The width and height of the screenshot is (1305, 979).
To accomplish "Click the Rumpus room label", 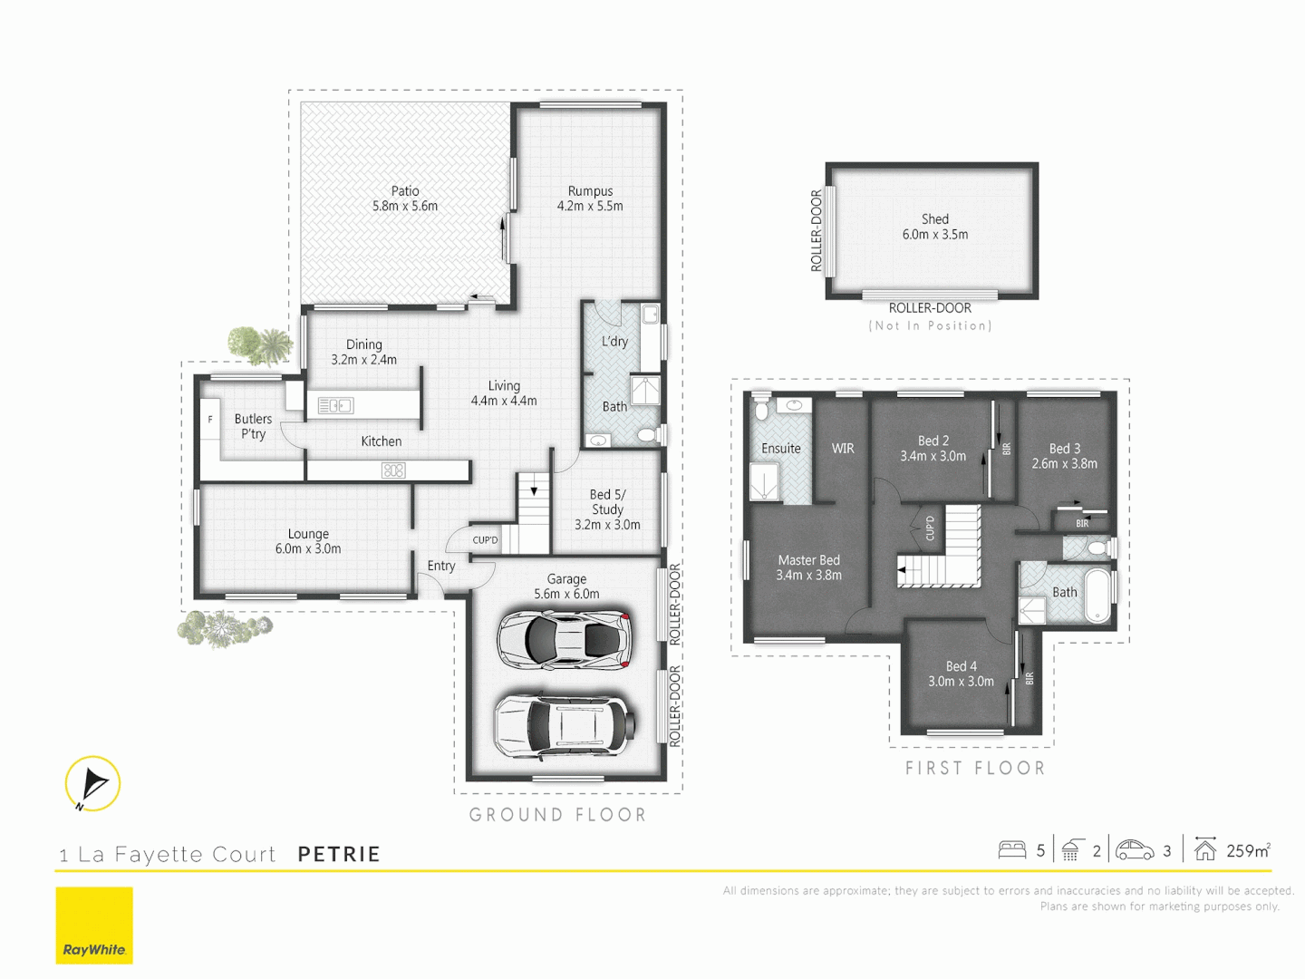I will [x=590, y=191].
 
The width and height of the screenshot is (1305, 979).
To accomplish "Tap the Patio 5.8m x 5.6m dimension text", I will [x=405, y=207].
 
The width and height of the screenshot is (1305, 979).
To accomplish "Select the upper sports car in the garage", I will [x=563, y=640].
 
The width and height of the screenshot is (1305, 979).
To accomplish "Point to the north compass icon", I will [x=92, y=783].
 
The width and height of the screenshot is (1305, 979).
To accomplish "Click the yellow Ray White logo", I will [x=94, y=926].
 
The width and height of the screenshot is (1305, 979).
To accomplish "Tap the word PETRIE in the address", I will [x=339, y=854].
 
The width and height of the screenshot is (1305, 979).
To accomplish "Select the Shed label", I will [x=935, y=219].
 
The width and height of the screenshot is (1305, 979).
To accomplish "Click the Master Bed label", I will [x=808, y=560].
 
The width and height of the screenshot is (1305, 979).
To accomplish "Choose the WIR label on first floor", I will [x=843, y=449].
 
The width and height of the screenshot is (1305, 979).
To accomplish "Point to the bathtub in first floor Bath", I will [x=1098, y=596].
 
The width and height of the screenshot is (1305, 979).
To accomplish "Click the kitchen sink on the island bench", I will [x=335, y=406].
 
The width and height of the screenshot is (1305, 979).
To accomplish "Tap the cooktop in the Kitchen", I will [x=393, y=470].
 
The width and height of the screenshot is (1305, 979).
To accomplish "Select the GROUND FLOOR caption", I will [x=557, y=815].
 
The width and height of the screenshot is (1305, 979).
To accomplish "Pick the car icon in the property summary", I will [x=1135, y=850].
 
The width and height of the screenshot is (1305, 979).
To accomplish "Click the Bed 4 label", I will [x=961, y=666].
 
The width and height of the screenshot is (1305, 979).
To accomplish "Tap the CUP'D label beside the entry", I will [x=485, y=540].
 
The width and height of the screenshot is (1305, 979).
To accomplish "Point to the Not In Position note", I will [x=930, y=325].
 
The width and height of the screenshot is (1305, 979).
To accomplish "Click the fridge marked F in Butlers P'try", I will [x=210, y=421].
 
